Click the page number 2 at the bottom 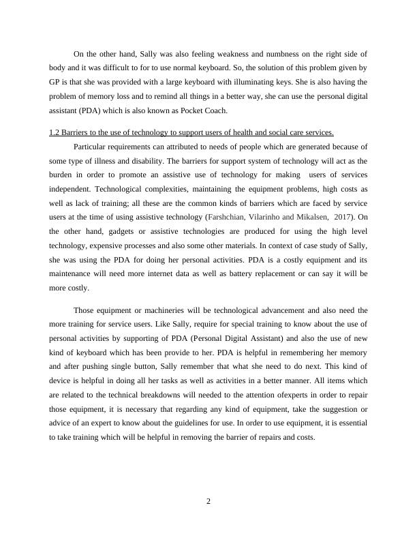pos(208,502)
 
